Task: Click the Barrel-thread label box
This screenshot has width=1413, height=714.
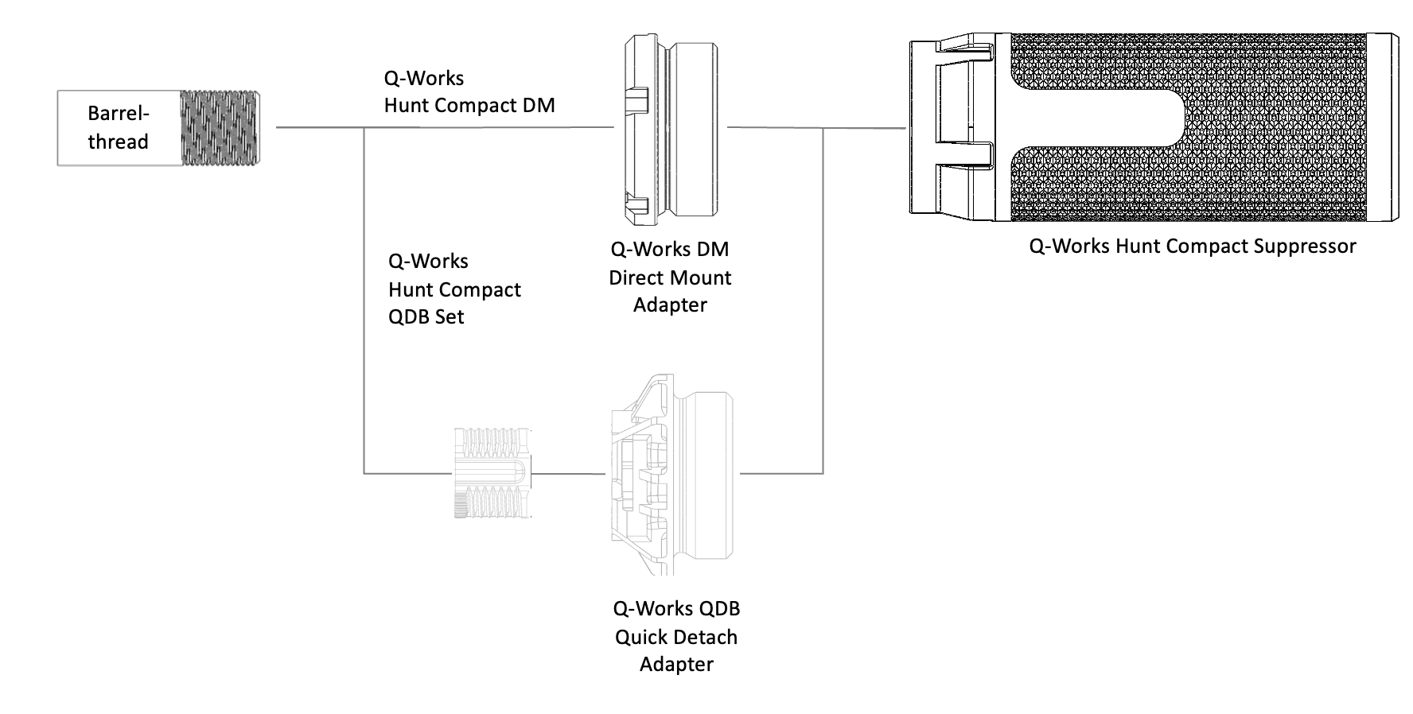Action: coord(119,127)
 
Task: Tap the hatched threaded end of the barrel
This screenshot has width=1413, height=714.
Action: coord(220,127)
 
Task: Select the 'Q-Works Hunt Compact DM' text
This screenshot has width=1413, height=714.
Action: coord(469,91)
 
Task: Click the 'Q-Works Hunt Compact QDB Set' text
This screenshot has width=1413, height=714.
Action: coord(454,289)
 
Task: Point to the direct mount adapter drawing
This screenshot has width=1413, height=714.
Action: coord(671,127)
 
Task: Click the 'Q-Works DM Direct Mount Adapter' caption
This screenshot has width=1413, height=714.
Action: coord(670,277)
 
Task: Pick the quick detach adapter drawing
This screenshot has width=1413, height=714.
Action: coord(672,474)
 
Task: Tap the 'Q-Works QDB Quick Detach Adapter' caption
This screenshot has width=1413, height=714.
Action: coord(676,636)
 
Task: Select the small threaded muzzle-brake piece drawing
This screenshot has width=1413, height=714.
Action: coord(492,473)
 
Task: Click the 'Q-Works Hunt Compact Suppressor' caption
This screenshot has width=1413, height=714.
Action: coord(1192,246)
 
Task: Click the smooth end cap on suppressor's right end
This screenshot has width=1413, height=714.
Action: coord(1383,127)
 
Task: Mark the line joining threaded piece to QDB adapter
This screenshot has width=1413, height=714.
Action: coord(568,474)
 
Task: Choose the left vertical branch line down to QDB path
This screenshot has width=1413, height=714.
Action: coord(364,302)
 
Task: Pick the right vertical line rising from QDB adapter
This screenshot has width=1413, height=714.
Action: coord(823,302)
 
